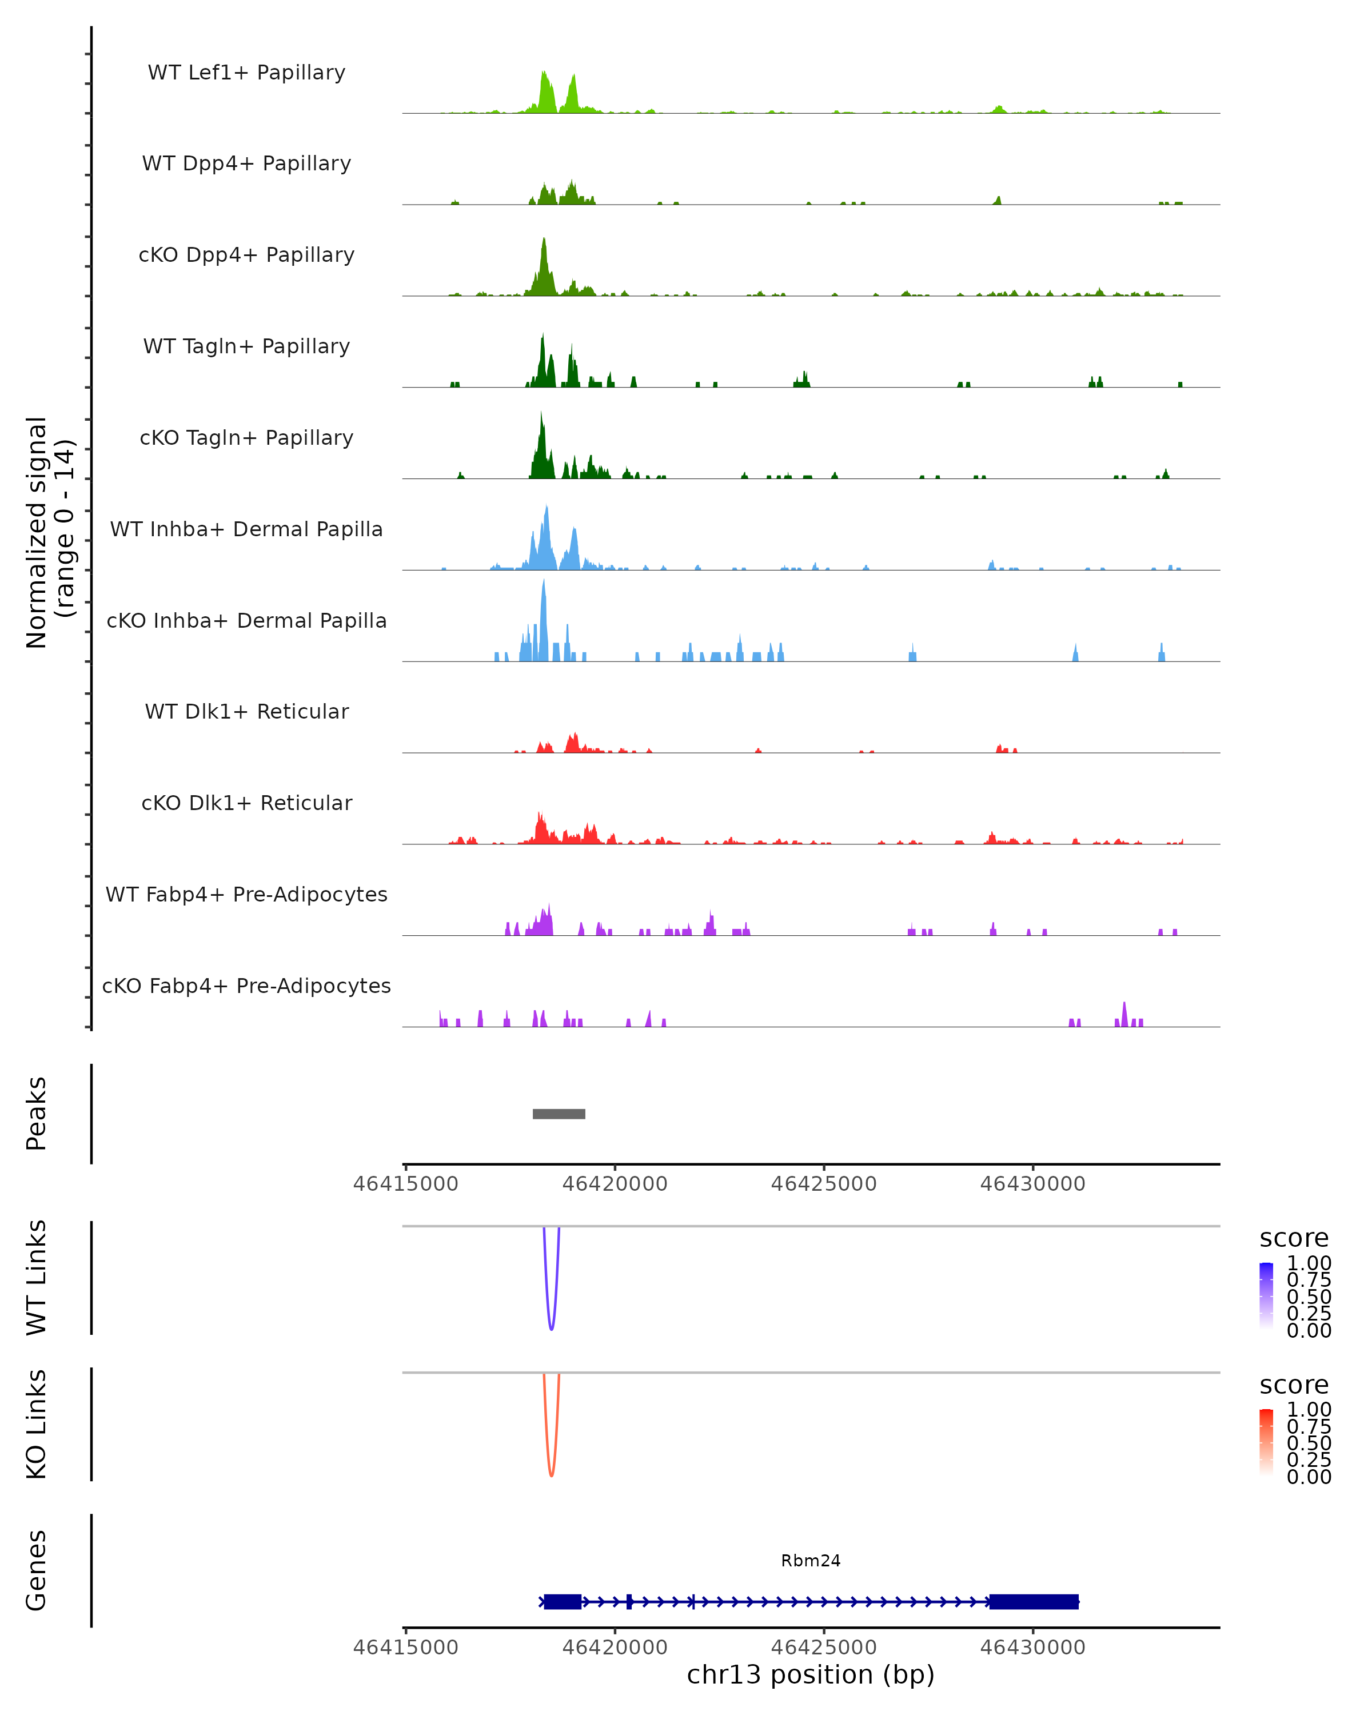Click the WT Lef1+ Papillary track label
click(246, 73)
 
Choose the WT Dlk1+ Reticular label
click(246, 711)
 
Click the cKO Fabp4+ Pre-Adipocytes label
click(246, 986)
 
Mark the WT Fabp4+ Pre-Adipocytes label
click(246, 894)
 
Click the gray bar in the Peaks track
click(559, 1114)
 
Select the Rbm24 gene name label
click(811, 1561)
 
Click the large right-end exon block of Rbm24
click(1033, 1601)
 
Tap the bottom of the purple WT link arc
click(551, 1329)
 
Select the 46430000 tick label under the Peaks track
click(1032, 1184)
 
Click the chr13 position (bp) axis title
click(811, 1674)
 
